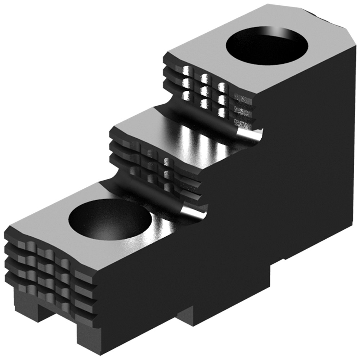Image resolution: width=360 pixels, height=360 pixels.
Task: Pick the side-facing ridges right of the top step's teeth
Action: [245, 108]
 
